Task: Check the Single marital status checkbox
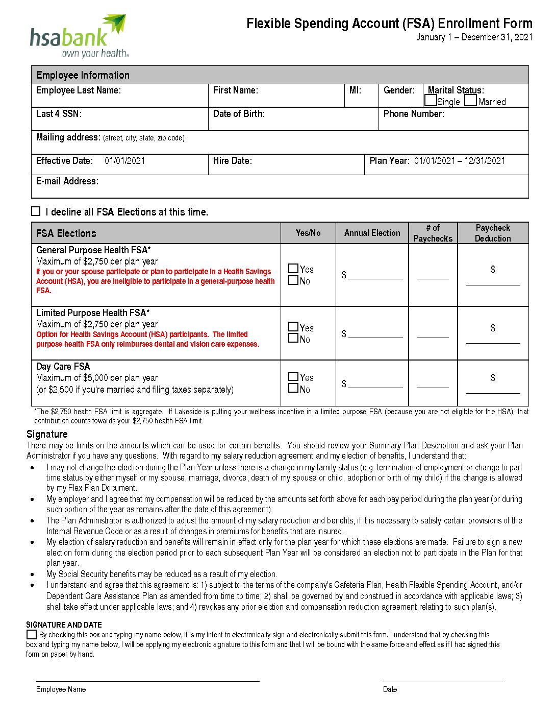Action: (431, 101)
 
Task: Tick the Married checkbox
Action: (471, 101)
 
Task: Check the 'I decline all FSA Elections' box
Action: (36, 211)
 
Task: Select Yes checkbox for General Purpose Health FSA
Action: (293, 269)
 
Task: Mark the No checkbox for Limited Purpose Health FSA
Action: (293, 339)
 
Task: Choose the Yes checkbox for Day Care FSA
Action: (293, 377)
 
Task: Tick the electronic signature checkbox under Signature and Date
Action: (32, 635)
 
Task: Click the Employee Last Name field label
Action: (79, 90)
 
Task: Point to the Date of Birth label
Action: (239, 114)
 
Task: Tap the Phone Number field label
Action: (414, 114)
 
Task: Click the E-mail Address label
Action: (67, 181)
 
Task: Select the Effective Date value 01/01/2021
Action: (124, 161)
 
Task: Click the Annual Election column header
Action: (372, 233)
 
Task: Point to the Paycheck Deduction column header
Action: (493, 233)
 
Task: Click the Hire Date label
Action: (233, 161)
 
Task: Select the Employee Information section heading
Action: (83, 75)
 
